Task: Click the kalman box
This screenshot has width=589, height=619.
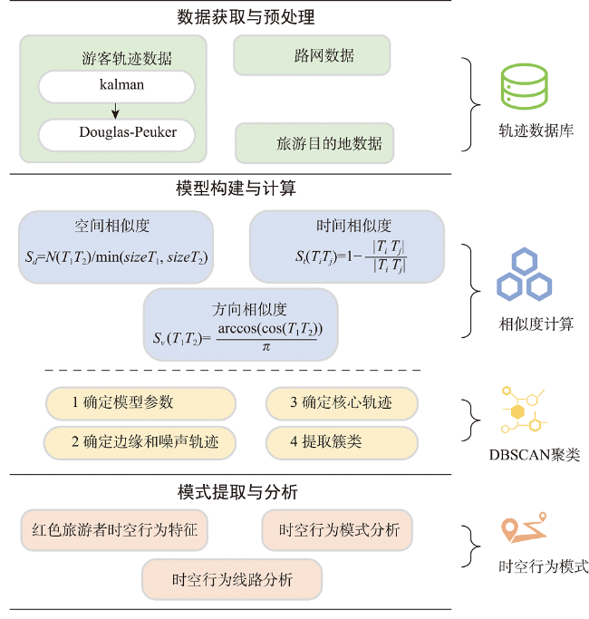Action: (117, 86)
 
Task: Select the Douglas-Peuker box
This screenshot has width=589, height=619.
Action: (117, 135)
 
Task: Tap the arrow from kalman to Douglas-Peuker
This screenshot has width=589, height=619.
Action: (115, 111)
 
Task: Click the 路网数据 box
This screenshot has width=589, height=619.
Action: (312, 55)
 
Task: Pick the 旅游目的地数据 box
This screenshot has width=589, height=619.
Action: (314, 143)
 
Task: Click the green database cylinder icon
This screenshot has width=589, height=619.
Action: (525, 86)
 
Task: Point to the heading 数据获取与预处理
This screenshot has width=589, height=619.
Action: (246, 17)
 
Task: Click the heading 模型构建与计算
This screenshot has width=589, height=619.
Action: (237, 188)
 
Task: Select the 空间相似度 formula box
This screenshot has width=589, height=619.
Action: (116, 247)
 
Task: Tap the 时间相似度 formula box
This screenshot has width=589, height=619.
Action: (347, 247)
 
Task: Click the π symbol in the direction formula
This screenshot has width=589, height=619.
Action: (266, 347)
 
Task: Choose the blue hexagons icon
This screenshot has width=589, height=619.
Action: (525, 274)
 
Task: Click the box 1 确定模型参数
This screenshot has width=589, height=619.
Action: (140, 403)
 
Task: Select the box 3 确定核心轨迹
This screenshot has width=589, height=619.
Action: (342, 403)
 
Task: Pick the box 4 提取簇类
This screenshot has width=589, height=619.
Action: (342, 443)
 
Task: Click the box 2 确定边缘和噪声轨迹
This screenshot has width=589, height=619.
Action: (140, 443)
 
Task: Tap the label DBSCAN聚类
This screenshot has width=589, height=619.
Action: (535, 455)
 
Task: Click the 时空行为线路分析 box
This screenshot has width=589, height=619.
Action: (232, 579)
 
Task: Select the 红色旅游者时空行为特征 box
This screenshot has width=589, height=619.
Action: (114, 530)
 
